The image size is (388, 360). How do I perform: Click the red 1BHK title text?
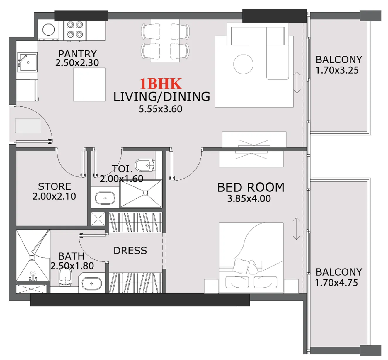pos(160,84)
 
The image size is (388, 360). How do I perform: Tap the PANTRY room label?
pos(77,54)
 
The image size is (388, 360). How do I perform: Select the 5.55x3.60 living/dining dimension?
pos(160,109)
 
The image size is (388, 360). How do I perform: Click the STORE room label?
pos(55,186)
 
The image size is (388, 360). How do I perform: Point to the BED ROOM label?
pos(251,187)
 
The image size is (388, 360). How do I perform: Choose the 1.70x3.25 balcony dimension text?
pos(337,70)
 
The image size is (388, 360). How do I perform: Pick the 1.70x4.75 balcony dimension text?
pos(336,283)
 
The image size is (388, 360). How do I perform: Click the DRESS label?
pos(130,251)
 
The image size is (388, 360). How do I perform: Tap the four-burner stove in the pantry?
pos(75,30)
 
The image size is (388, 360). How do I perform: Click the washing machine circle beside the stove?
pos(48,30)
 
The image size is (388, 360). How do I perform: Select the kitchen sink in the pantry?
pos(28,62)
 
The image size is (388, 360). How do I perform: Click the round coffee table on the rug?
pos(243,64)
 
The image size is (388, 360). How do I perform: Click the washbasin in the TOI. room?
pos(105,198)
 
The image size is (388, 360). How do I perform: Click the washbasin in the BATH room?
pos(92,283)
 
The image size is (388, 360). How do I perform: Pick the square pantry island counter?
pos(89,85)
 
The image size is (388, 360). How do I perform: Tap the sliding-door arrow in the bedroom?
pos(297,229)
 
